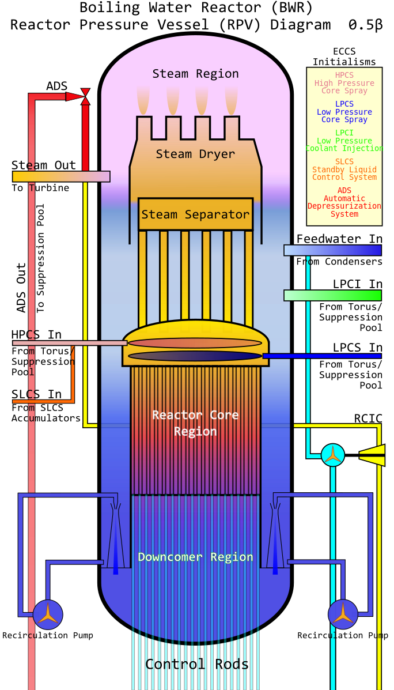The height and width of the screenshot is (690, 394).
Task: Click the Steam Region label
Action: tap(195, 74)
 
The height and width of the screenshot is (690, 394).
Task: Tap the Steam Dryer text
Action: tap(195, 154)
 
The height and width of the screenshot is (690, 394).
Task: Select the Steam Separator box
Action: tap(195, 214)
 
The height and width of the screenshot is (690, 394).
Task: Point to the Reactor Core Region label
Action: tap(195, 423)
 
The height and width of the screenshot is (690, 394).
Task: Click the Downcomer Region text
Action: tap(195, 557)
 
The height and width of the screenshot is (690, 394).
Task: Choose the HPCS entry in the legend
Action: tap(344, 83)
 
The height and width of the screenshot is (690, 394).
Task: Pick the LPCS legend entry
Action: tap(344, 112)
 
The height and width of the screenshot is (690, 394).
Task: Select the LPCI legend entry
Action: tap(344, 141)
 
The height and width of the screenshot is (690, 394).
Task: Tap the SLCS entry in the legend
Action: tap(344, 169)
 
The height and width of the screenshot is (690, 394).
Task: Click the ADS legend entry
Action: tap(344, 202)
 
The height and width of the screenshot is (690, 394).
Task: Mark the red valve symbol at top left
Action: tap(85, 96)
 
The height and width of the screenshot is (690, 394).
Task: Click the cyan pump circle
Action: tap(333, 455)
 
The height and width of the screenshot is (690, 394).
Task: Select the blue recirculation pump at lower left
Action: tap(48, 614)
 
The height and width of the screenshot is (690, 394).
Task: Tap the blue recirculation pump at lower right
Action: tap(343, 614)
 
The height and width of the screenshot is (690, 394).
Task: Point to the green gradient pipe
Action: tap(332, 295)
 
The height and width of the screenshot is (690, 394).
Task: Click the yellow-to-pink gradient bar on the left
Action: tap(61, 176)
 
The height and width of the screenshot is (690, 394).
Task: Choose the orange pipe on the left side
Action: tap(73, 380)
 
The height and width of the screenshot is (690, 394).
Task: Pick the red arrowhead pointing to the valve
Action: tap(74, 96)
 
